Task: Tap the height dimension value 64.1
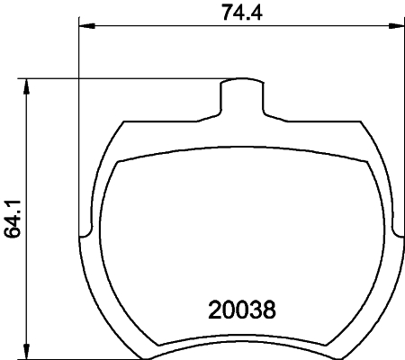13,220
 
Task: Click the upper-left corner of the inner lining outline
121,162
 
